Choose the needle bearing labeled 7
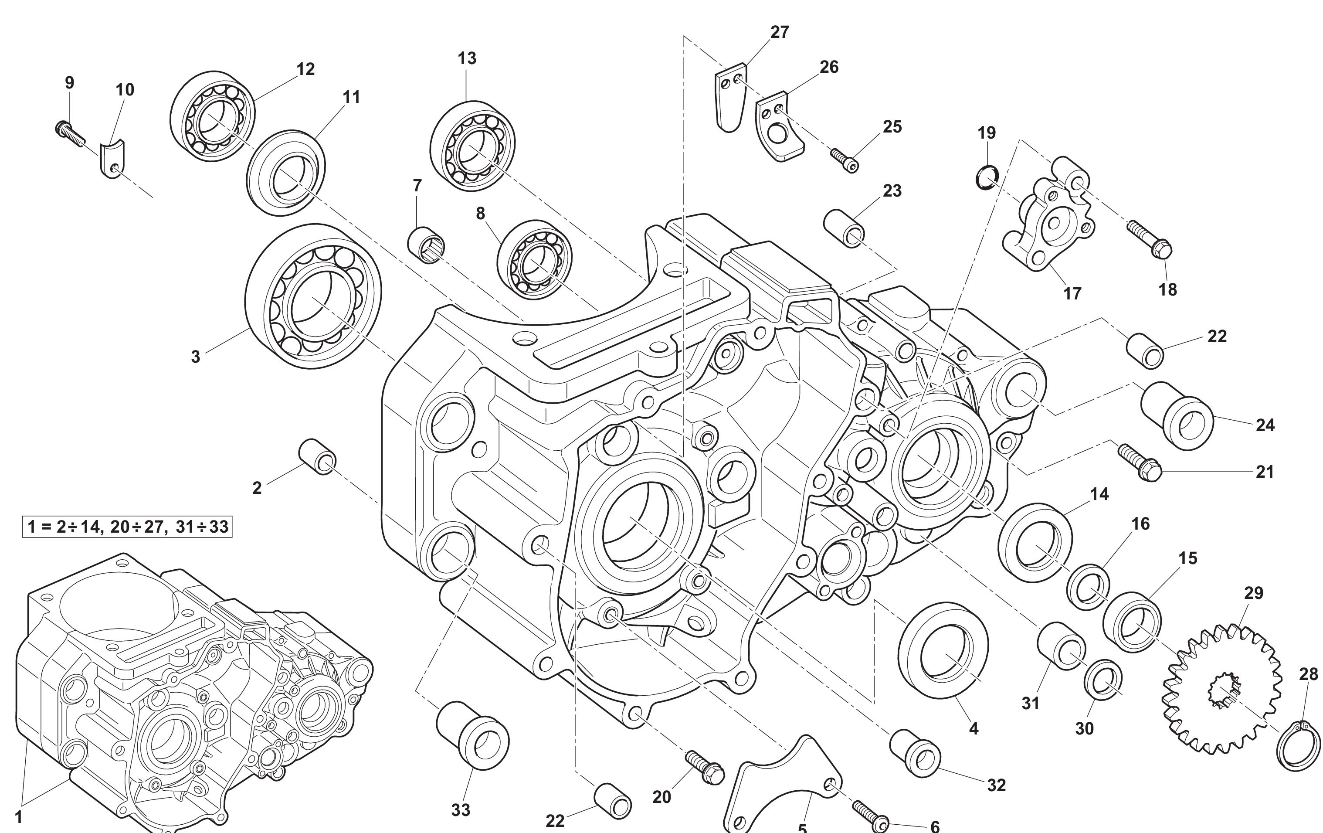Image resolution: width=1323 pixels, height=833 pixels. tap(426, 245)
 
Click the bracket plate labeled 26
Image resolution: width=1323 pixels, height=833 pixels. tap(780, 129)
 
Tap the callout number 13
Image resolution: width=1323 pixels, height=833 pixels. tap(467, 58)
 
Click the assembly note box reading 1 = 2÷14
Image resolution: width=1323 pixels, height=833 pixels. tap(127, 527)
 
